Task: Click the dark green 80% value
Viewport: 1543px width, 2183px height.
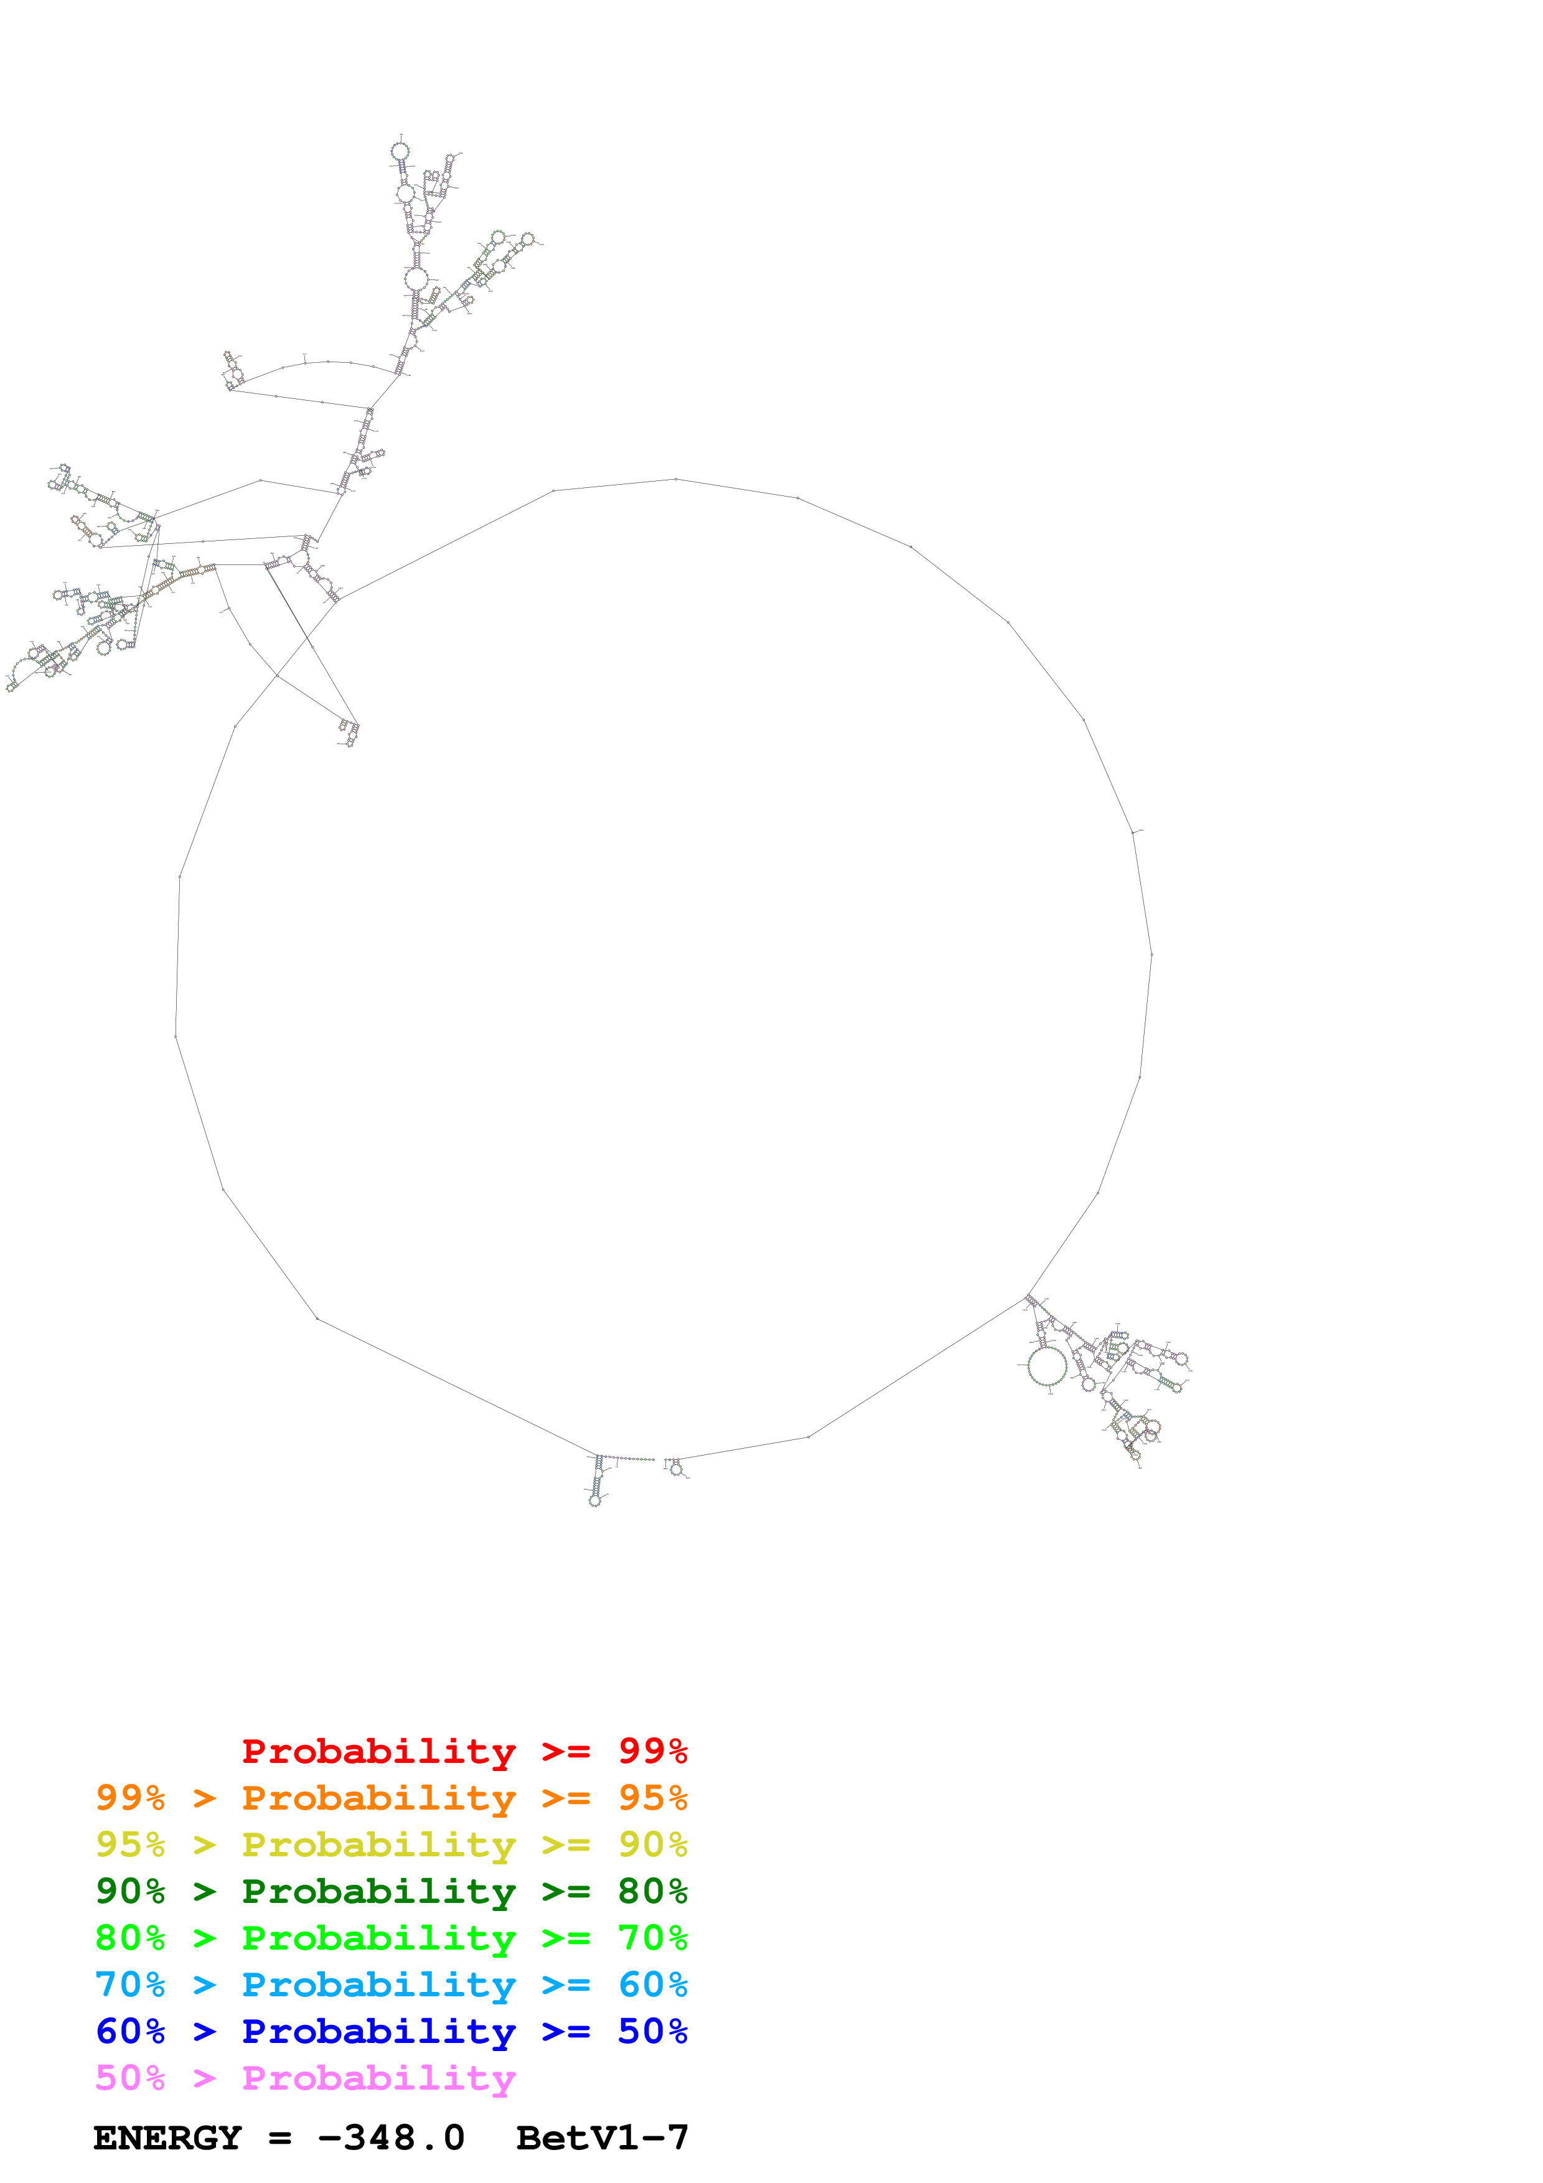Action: pyautogui.click(x=652, y=1891)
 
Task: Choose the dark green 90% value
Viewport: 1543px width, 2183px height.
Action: pyautogui.click(x=130, y=1891)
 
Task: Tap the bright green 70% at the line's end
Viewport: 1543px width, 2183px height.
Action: pyautogui.click(x=652, y=1938)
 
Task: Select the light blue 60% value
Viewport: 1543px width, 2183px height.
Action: pyautogui.click(x=652, y=1984)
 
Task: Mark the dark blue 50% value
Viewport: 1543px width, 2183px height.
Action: pyautogui.click(x=652, y=2031)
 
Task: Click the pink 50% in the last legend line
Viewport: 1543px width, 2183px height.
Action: pyautogui.click(x=130, y=2078)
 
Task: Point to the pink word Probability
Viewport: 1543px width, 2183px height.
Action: pyautogui.click(x=378, y=2078)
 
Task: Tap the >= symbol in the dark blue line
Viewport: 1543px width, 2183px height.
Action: pyautogui.click(x=566, y=2031)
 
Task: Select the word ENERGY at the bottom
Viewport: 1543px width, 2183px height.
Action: pyautogui.click(x=167, y=2138)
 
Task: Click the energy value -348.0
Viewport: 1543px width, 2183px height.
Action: pyautogui.click(x=391, y=2138)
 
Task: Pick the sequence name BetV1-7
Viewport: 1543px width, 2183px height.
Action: pyautogui.click(x=602, y=2138)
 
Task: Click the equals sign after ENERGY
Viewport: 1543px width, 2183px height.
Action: pyautogui.click(x=279, y=2138)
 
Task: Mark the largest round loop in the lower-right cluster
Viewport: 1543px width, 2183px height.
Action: pyautogui.click(x=1047, y=1367)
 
